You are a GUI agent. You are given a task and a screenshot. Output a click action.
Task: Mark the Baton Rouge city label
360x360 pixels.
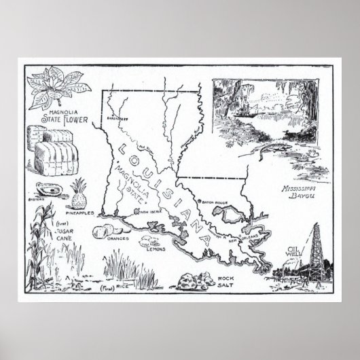coord(214,202)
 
